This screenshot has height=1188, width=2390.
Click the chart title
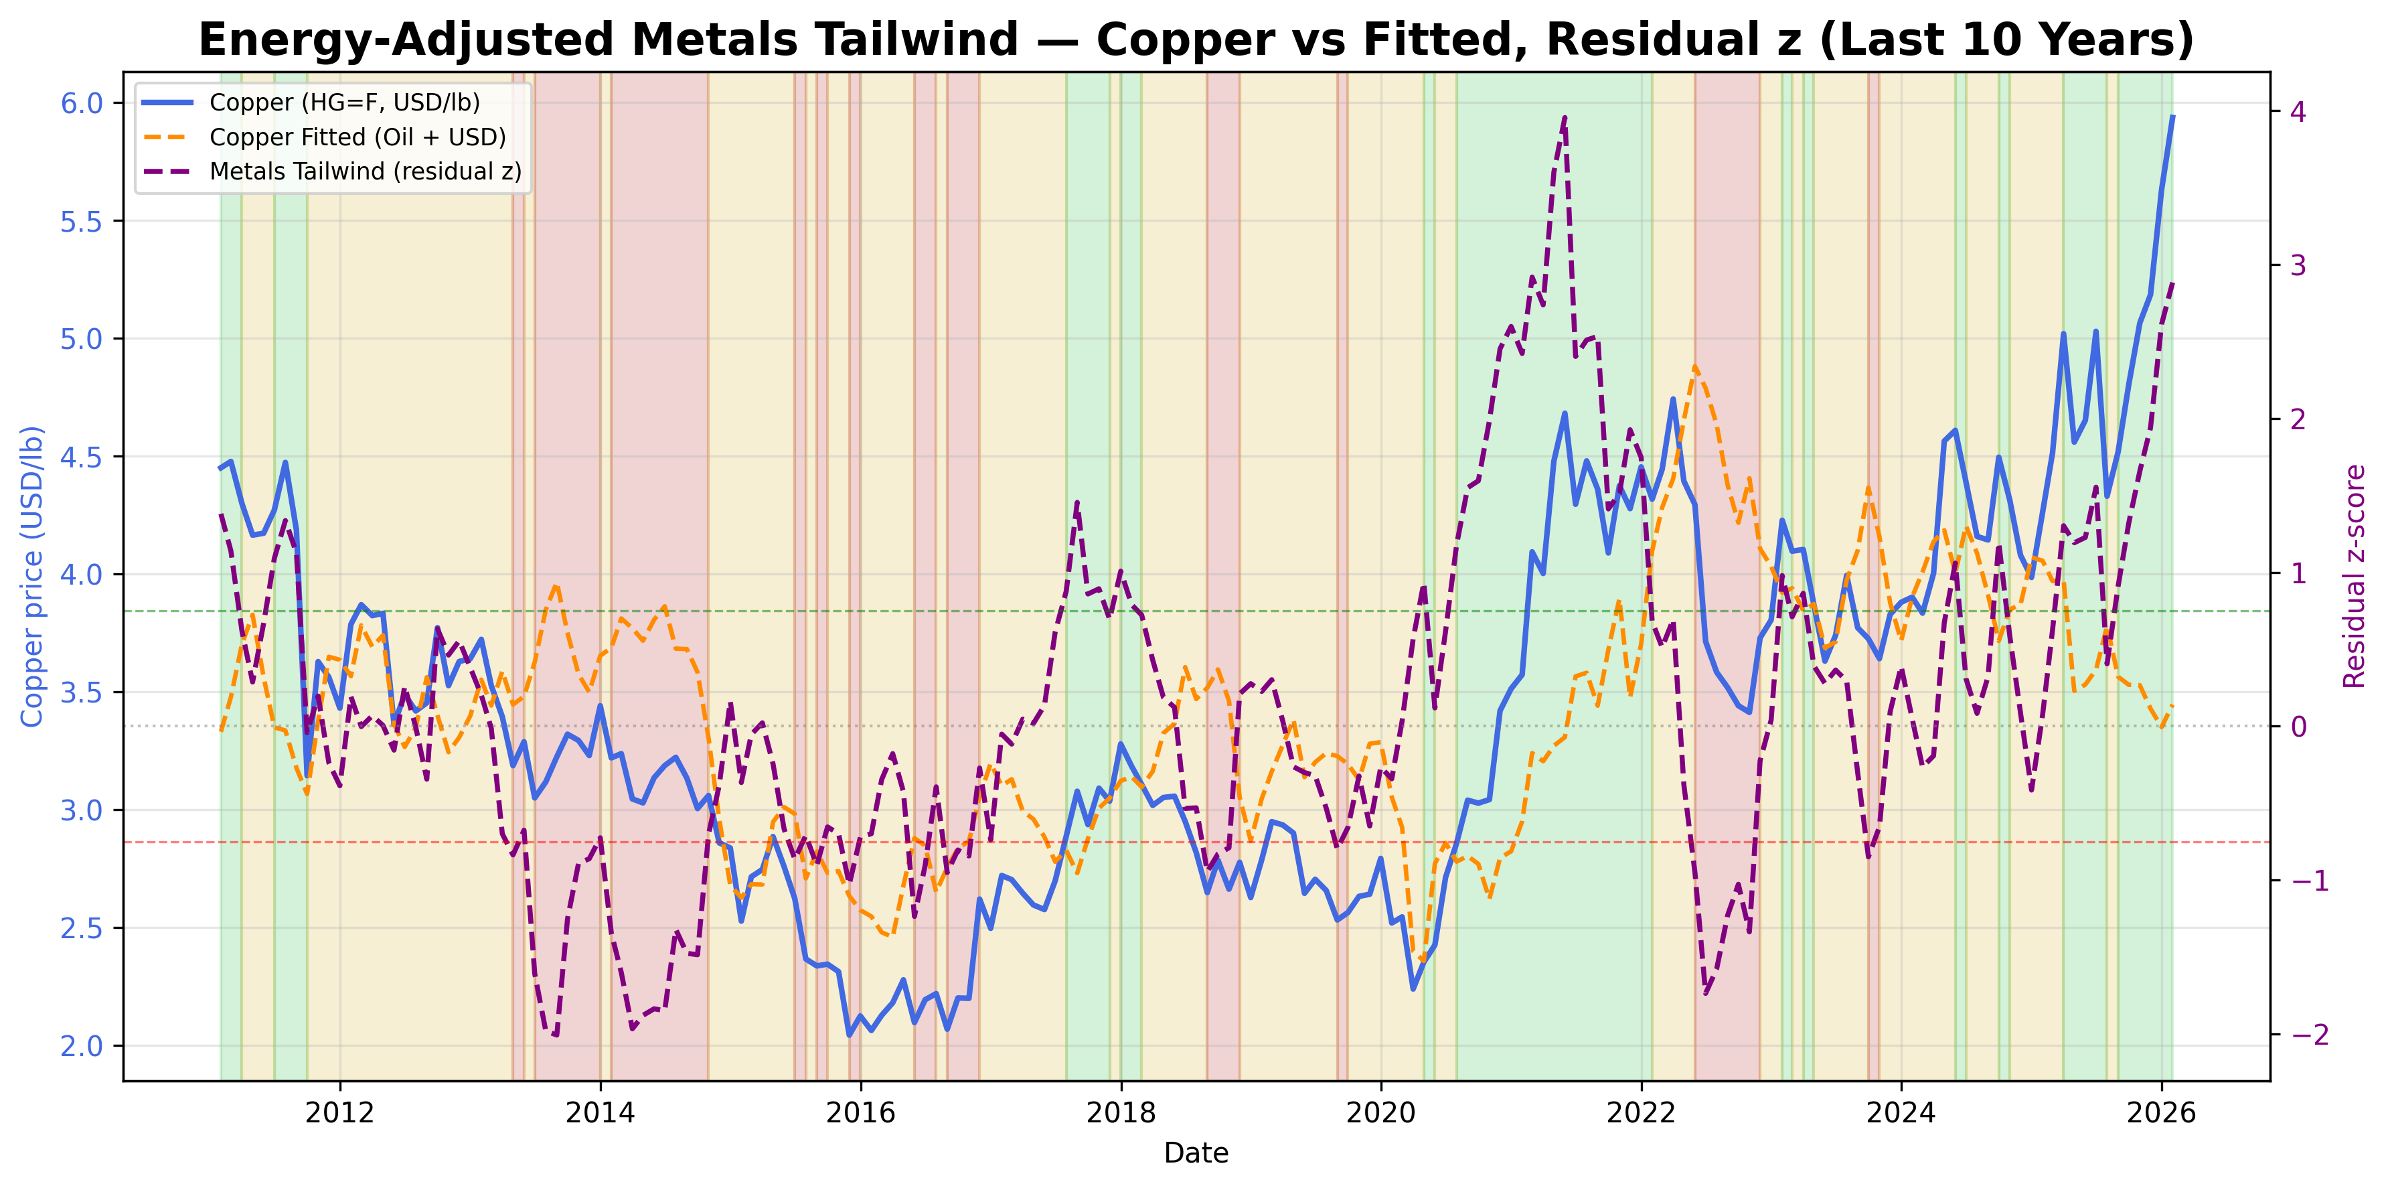tap(1195, 41)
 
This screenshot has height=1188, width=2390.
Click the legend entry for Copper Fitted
tap(357, 137)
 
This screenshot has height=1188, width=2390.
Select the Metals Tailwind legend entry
tap(365, 171)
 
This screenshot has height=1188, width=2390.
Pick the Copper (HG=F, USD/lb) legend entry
tap(344, 102)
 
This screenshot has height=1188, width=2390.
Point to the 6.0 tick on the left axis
tap(81, 103)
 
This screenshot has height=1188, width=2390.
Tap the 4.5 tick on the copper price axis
tap(81, 457)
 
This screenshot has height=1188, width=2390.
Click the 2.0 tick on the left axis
tap(81, 1046)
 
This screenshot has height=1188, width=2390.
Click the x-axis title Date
tap(1195, 1154)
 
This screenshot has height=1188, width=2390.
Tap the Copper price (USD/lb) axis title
tap(33, 575)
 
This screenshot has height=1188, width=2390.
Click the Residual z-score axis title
tap(2355, 575)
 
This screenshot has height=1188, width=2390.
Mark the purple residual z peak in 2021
tap(1565, 118)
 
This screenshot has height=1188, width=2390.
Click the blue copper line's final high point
tap(2172, 117)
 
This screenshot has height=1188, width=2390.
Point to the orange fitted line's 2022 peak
tap(1695, 366)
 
